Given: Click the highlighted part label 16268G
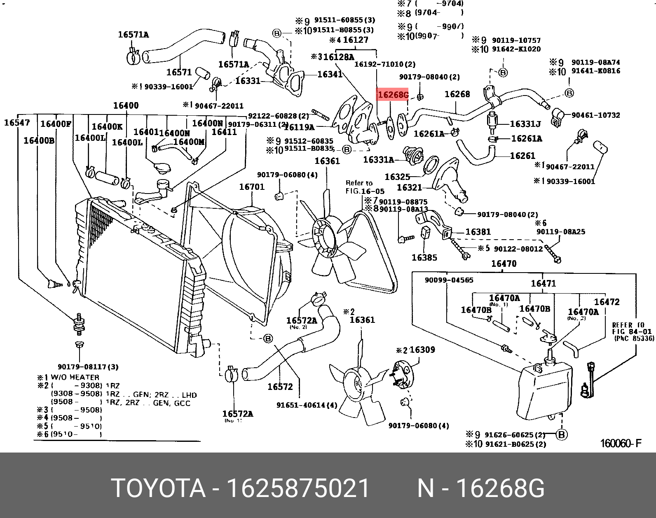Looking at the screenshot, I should click(393, 95).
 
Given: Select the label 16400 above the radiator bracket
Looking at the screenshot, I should click(126, 105).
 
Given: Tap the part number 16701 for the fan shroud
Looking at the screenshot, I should click(252, 187).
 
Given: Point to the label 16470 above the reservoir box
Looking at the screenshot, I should click(504, 264).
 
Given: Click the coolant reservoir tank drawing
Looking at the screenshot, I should click(544, 389).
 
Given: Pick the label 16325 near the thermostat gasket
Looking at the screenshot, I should click(397, 177).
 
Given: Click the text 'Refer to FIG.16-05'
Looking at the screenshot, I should click(364, 187).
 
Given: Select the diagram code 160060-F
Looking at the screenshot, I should click(621, 443).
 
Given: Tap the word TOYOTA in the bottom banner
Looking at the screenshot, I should click(158, 488).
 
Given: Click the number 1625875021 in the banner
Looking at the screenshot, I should click(298, 488).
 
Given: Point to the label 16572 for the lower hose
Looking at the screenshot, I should click(280, 387).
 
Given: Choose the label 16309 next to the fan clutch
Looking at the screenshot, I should click(422, 350).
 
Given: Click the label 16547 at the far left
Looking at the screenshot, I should click(17, 122).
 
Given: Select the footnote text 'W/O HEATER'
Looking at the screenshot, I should click(75, 377).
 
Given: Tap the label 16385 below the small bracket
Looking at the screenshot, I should click(424, 258).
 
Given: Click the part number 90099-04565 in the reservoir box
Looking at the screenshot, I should click(449, 280).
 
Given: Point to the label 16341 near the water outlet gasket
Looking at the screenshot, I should click(330, 74).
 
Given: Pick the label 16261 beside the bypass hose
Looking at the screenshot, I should click(522, 156).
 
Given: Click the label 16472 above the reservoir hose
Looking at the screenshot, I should click(607, 302).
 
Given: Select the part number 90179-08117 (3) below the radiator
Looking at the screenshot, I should click(88, 366).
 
